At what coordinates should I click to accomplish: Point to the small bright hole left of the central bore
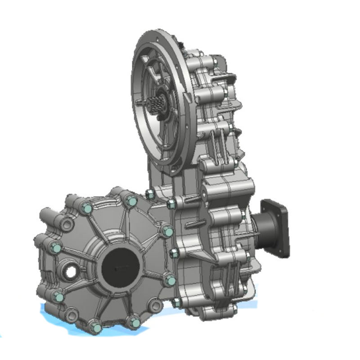coord(71,272)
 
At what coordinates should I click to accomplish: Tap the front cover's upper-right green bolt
coord(167,231)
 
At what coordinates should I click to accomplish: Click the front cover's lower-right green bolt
coord(170,281)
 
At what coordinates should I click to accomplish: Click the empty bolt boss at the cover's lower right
coord(156,306)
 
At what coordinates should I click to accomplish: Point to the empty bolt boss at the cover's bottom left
coord(72,315)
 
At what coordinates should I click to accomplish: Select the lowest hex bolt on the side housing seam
coord(175,302)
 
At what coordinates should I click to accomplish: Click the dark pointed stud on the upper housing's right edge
coord(239,131)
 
